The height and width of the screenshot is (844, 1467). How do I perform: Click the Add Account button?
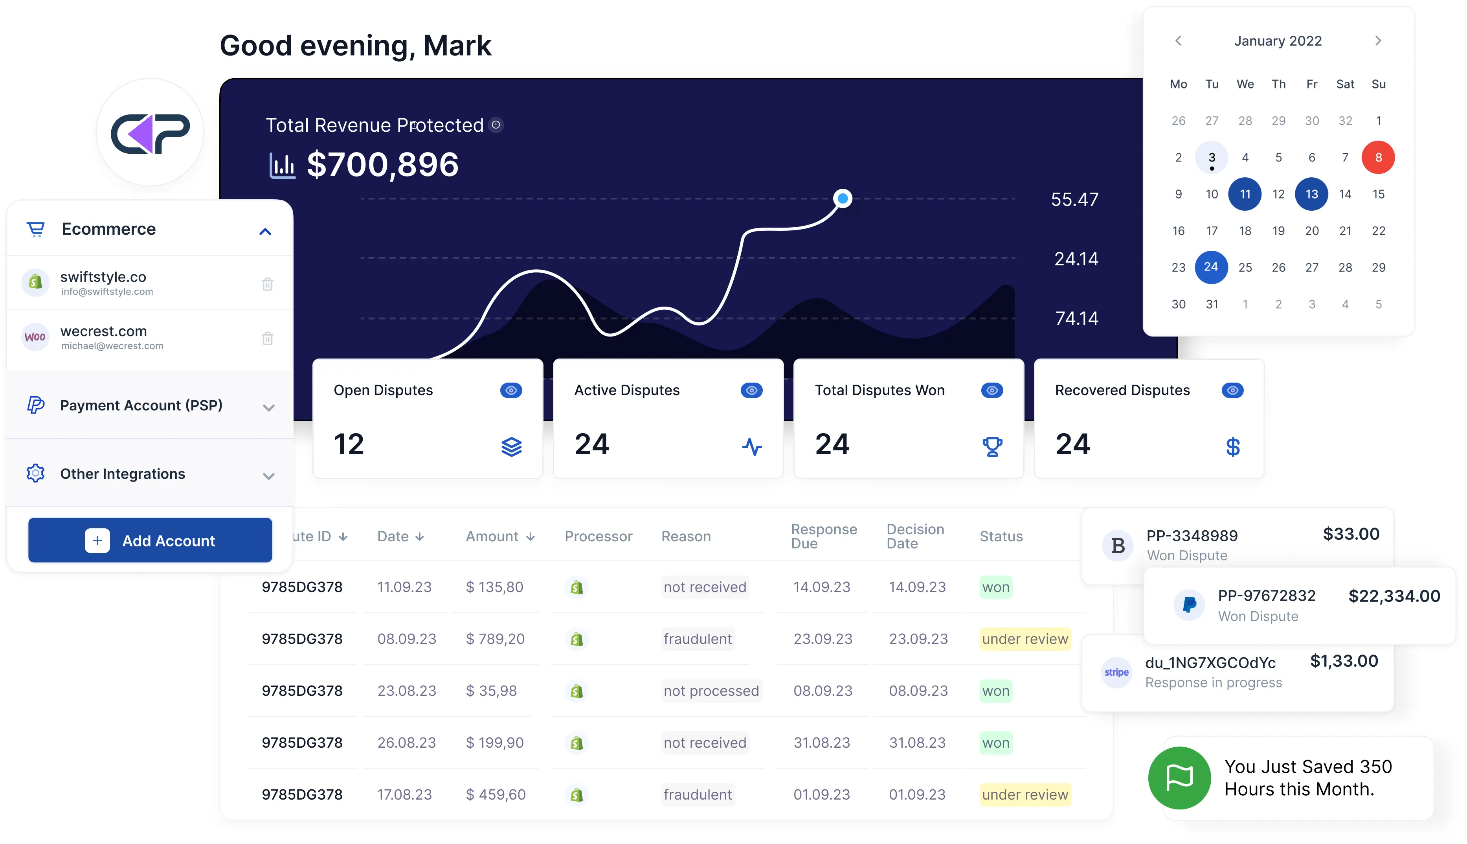[150, 540]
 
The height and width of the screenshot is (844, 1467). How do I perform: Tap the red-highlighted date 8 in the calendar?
[1378, 157]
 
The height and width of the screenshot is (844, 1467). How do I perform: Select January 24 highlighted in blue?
[1210, 267]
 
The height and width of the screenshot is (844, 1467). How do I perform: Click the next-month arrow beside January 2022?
[1378, 40]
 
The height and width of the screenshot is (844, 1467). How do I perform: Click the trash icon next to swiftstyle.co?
[267, 284]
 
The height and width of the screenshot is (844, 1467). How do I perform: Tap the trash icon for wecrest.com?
[267, 338]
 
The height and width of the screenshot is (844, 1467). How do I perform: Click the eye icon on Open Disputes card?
[510, 390]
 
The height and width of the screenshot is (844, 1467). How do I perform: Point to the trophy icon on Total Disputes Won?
[992, 446]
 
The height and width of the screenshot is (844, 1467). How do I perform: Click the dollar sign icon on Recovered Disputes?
[1232, 446]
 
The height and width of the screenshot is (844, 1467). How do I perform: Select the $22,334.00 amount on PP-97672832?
[1394, 596]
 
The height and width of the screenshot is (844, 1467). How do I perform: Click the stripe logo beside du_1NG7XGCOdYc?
[1116, 673]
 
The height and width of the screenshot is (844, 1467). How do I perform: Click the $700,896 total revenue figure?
[382, 165]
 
